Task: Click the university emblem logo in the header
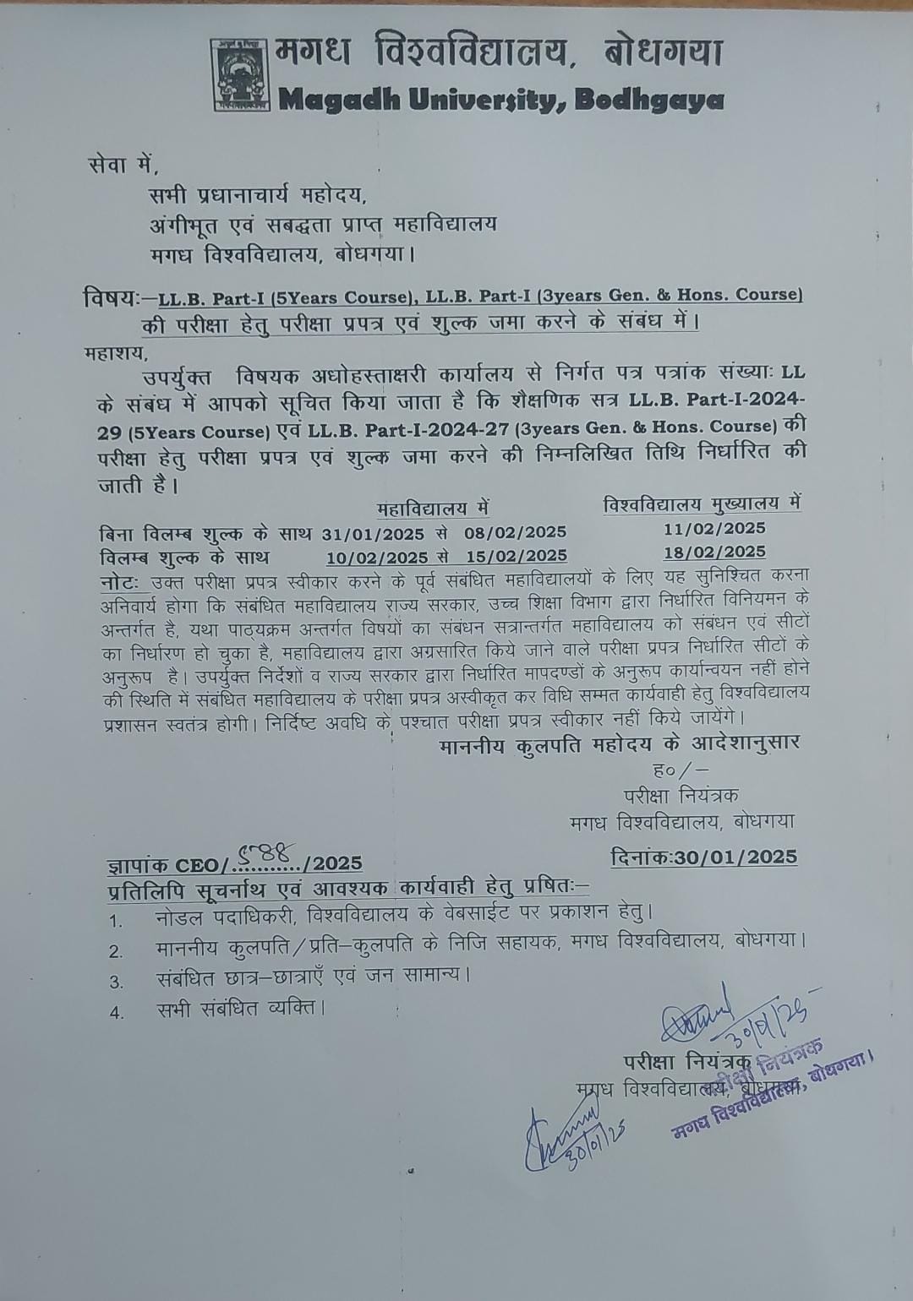pos(240,75)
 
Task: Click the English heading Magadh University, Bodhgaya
pos(500,101)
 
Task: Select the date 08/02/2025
pos(515,533)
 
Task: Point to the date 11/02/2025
pos(714,529)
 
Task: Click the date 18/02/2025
pos(714,552)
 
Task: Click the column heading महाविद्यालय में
pos(432,509)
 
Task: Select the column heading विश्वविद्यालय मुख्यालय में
pos(702,505)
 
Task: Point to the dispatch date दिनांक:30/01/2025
pos(703,857)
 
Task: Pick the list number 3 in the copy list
pos(117,982)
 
